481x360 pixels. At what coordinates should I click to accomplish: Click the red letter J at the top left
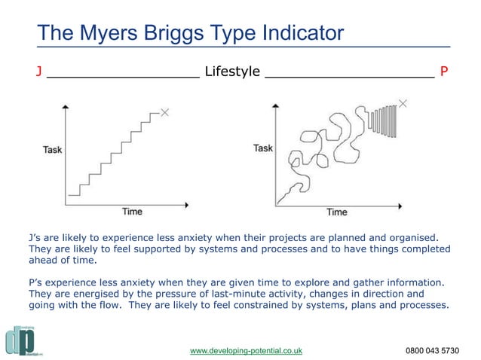point(38,72)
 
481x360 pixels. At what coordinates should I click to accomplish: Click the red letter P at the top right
point(445,72)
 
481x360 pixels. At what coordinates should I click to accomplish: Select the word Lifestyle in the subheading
point(232,72)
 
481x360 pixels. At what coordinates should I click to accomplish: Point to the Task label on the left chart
point(52,150)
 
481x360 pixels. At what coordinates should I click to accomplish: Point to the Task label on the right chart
point(262,148)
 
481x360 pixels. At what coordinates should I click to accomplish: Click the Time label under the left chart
point(132,212)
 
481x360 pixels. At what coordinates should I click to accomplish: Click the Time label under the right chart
point(336,212)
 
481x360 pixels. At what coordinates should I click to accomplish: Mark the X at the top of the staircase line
point(165,112)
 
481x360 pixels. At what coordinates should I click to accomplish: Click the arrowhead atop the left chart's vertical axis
point(68,107)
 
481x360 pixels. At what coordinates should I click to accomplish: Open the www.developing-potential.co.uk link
point(246,351)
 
